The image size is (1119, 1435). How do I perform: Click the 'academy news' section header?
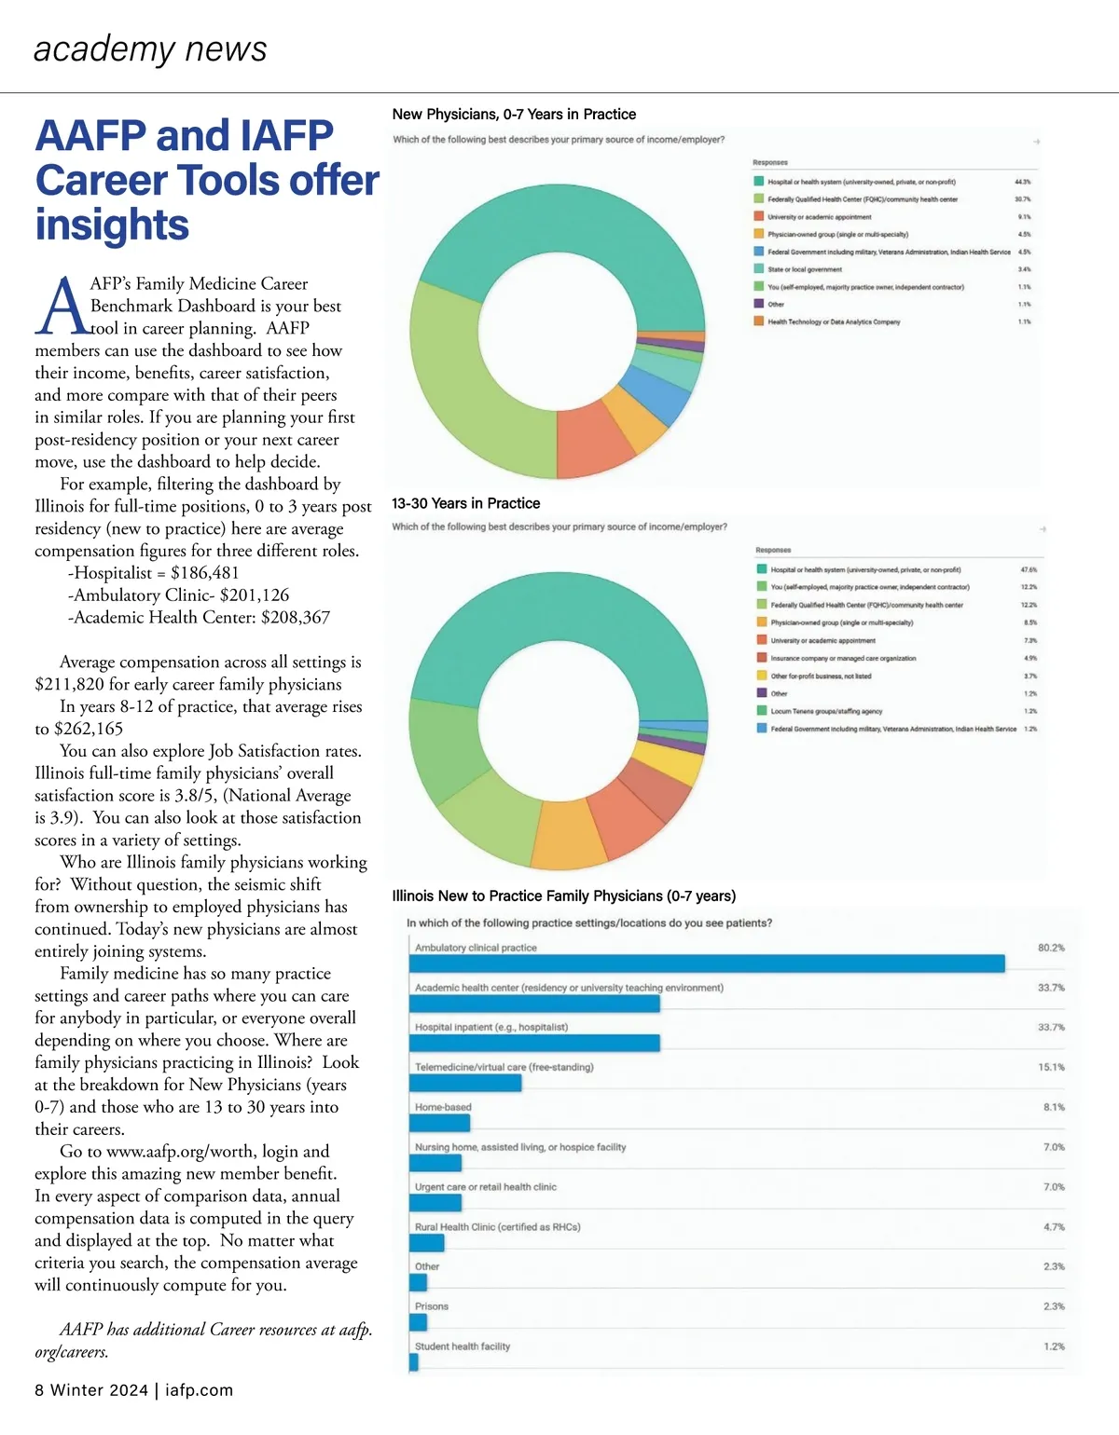[150, 48]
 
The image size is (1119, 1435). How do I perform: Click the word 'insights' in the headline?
[112, 225]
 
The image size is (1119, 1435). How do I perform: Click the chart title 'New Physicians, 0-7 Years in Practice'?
[514, 115]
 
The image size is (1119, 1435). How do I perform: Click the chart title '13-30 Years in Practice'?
[465, 503]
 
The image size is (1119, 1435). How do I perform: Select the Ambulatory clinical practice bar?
[706, 963]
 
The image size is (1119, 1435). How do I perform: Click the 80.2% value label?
[1051, 948]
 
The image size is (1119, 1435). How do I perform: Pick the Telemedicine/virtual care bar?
[465, 1083]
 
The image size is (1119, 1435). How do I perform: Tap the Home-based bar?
[439, 1123]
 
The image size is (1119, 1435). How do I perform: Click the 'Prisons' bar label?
[432, 1306]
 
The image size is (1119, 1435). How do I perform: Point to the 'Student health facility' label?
[463, 1346]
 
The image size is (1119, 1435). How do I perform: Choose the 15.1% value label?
[1051, 1067]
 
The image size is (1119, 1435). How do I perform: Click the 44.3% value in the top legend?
[1023, 182]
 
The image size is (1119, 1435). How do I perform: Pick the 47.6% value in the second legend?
[1029, 569]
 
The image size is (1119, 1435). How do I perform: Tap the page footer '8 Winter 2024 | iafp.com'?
[134, 1390]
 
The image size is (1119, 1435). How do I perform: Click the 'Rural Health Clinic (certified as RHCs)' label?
[498, 1227]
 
